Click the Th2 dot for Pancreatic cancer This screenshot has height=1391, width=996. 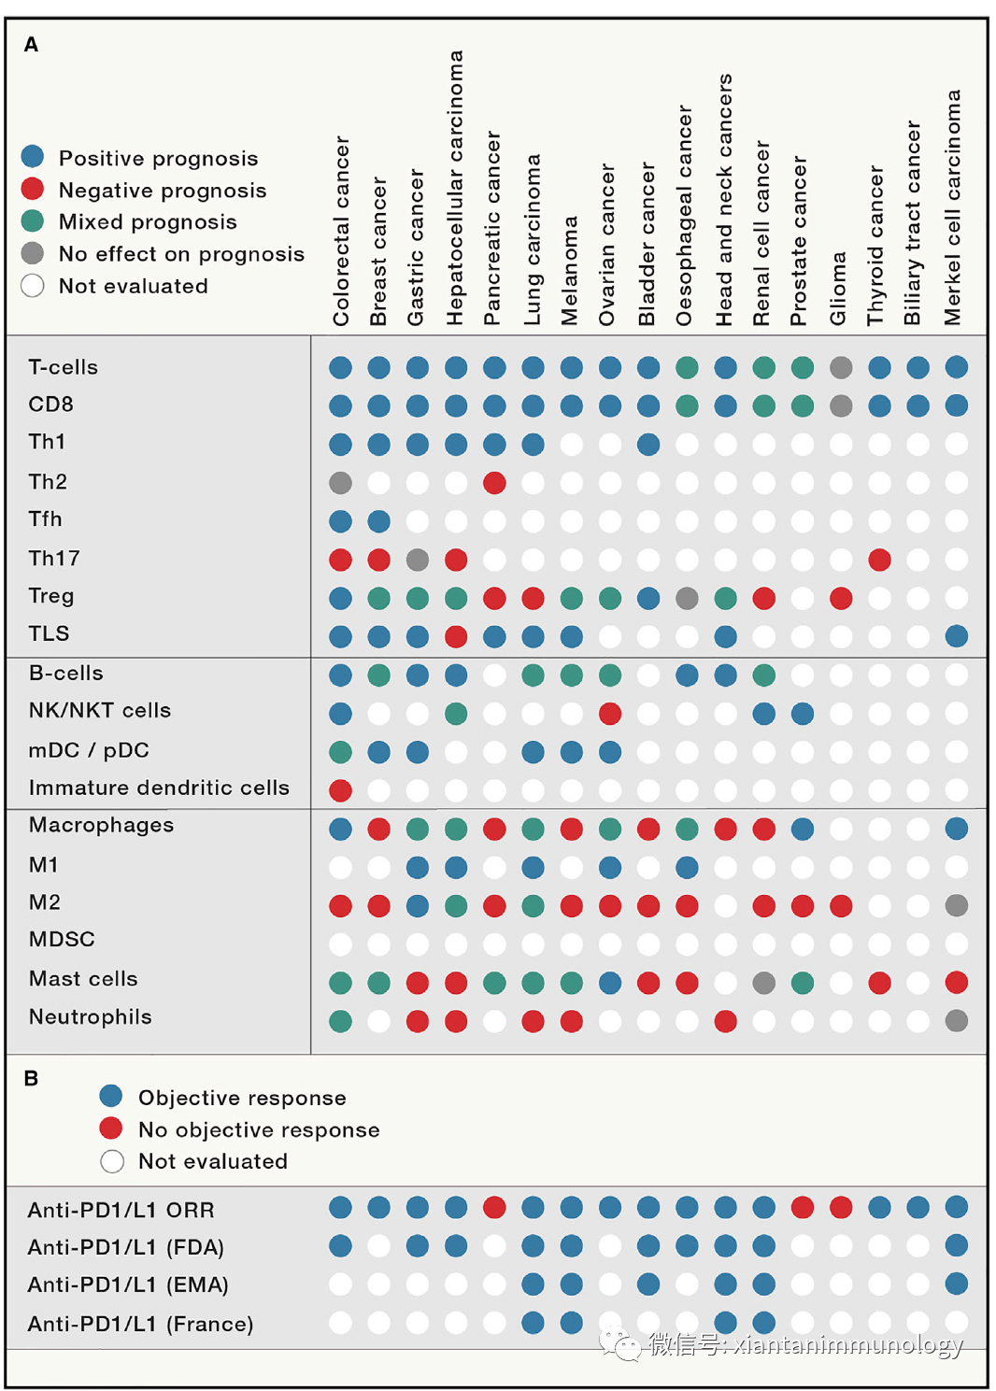(x=494, y=483)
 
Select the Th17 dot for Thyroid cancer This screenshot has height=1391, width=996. (x=879, y=560)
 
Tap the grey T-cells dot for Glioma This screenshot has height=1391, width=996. (x=841, y=367)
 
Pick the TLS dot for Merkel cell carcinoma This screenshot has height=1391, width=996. (x=956, y=636)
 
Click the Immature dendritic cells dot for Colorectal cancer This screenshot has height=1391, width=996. (x=341, y=790)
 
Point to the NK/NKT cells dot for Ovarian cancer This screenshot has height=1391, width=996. (x=610, y=714)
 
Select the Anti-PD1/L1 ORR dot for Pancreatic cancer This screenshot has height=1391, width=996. (x=494, y=1207)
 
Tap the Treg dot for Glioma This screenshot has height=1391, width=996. (x=841, y=598)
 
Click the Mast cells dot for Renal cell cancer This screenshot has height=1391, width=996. (x=763, y=983)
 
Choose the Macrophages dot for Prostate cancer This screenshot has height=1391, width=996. (x=802, y=829)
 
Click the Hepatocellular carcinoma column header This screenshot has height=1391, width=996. (x=455, y=187)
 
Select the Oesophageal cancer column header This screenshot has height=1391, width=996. (x=685, y=215)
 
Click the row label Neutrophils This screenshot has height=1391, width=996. (x=90, y=1016)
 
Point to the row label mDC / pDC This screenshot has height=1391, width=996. (x=89, y=750)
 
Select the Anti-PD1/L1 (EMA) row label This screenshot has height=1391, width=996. (x=128, y=1285)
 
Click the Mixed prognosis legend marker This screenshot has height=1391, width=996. (x=33, y=221)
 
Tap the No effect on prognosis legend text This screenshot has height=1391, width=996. (x=181, y=254)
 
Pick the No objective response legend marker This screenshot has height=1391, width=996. (x=111, y=1128)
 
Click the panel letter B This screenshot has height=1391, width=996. (x=31, y=1078)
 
